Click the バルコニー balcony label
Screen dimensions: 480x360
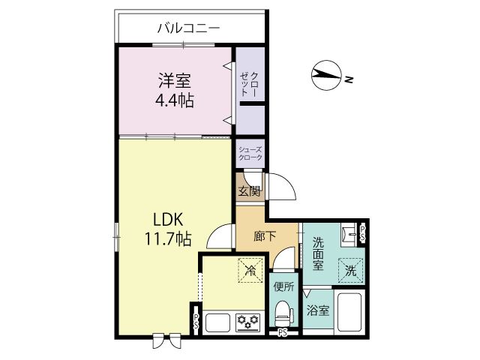pos(188,28)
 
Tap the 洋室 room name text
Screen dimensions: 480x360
pos(175,80)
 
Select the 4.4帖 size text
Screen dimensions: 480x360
pos(175,100)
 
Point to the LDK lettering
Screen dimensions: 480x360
pos(168,220)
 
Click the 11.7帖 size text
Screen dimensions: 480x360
pos(168,238)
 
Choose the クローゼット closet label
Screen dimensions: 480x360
pos(250,84)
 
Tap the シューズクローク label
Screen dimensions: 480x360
pos(250,153)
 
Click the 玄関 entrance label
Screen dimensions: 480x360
pos(250,191)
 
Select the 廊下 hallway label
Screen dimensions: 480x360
pos(265,236)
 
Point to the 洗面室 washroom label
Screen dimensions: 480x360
pos(318,254)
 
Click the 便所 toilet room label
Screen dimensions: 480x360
pos(283,286)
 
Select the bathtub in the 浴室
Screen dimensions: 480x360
pos(349,312)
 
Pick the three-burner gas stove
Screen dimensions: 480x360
pos(248,322)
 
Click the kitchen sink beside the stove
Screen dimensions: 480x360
pos(218,322)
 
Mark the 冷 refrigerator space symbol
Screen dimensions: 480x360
pos(250,270)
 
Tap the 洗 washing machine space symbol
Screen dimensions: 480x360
pos(350,271)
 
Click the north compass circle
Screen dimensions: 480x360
pos(326,75)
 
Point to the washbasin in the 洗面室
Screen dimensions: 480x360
pos(349,235)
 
